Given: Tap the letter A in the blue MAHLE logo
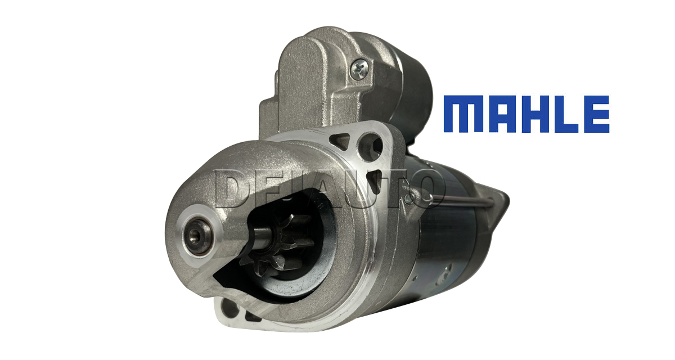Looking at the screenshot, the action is tap(507, 114).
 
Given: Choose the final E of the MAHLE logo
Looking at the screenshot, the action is tap(601, 114).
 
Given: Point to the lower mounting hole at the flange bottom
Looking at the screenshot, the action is tap(230, 308).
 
